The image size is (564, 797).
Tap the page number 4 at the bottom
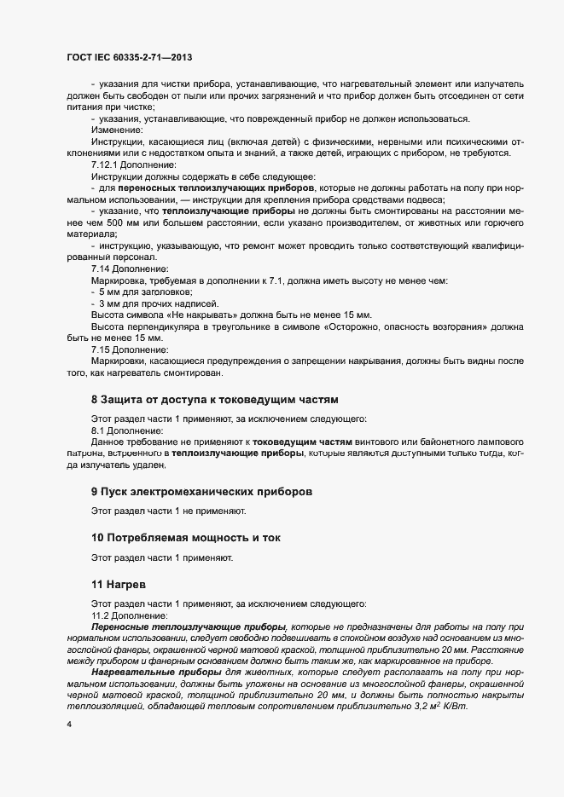tap(68, 724)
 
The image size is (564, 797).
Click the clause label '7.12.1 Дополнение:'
tap(133, 164)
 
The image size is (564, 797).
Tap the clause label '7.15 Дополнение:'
tap(127, 350)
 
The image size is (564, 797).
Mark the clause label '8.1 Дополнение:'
tap(125, 431)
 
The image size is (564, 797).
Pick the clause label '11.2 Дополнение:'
tap(127, 615)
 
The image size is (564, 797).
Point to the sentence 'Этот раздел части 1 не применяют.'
tap(168, 511)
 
